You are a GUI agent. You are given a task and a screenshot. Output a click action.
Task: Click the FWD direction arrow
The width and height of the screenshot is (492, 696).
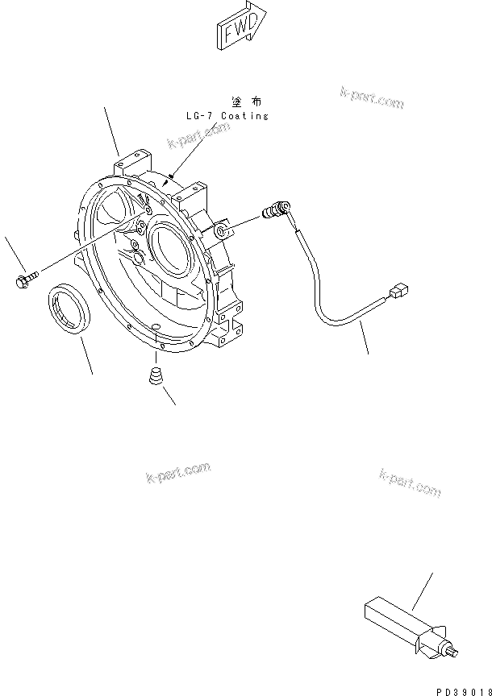pos(239,27)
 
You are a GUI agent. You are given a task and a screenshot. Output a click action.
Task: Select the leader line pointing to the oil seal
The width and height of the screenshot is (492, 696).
pos(85,354)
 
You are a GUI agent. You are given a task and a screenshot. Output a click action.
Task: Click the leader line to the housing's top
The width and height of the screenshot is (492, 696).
pos(112,130)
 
